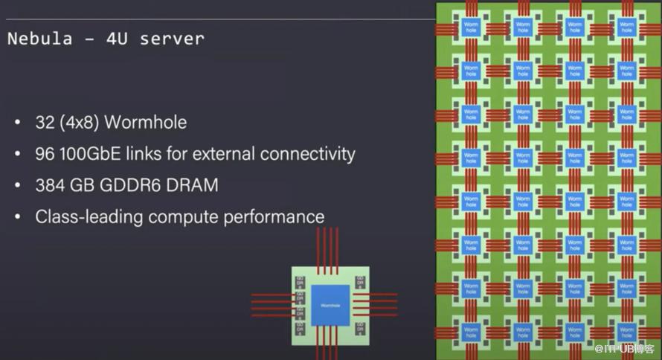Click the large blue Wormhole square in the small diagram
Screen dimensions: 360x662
[330, 304]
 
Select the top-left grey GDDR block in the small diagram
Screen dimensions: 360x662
[301, 281]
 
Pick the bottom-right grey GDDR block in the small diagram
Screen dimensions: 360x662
[360, 328]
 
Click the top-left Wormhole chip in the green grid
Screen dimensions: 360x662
[471, 28]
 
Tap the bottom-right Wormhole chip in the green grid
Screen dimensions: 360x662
[627, 332]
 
